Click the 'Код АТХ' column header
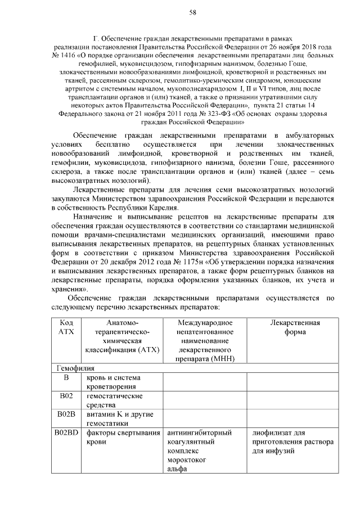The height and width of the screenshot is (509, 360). [x=66, y=327]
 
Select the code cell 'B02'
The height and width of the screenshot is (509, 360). [x=66, y=397]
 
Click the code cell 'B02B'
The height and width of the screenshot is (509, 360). [x=66, y=415]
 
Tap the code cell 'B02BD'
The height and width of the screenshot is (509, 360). [x=66, y=433]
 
